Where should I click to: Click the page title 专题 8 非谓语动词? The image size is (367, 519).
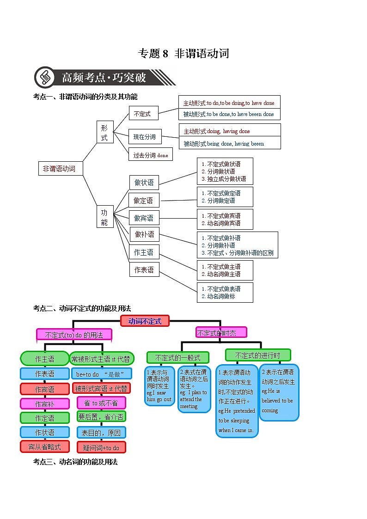(183, 54)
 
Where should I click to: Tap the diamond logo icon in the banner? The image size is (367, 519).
(45, 77)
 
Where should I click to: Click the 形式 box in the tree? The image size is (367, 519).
(104, 132)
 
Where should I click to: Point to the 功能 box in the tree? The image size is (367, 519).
(104, 217)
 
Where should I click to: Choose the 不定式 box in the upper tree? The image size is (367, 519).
(143, 113)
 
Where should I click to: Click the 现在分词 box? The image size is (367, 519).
(145, 137)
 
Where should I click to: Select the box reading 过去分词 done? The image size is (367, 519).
(150, 155)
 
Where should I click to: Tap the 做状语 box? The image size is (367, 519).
(144, 183)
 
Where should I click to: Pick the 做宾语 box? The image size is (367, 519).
(144, 218)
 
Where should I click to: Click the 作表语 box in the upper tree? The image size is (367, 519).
(144, 269)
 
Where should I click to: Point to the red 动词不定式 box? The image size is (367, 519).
(145, 321)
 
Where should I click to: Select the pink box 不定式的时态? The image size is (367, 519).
(221, 332)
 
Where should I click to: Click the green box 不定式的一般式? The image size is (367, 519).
(177, 358)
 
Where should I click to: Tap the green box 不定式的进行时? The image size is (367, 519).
(257, 355)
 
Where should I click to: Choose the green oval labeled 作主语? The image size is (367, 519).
(44, 359)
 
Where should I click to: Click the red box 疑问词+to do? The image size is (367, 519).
(101, 447)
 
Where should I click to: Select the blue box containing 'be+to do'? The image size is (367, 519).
(101, 374)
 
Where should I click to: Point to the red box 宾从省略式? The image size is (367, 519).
(44, 447)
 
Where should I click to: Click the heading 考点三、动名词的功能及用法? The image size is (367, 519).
(75, 462)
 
